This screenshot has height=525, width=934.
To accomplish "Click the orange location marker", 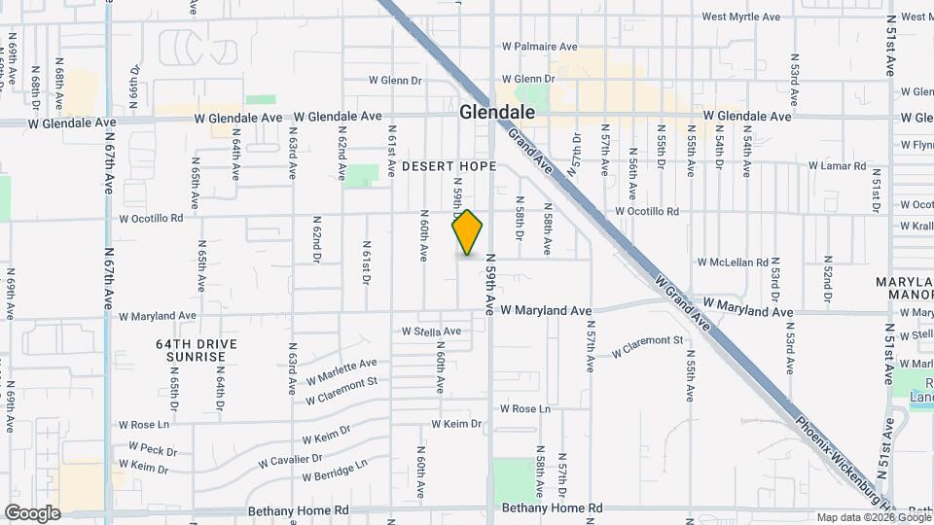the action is (x=468, y=232).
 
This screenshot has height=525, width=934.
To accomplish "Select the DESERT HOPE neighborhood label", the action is (x=450, y=166).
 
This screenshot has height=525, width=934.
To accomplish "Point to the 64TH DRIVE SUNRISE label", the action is (x=190, y=350).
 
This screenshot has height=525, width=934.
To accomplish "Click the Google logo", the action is (x=32, y=513).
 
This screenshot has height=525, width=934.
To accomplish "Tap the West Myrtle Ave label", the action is (x=741, y=17).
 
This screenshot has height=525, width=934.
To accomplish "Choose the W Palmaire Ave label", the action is (x=540, y=46).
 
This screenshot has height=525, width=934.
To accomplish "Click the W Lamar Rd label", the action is (x=837, y=166).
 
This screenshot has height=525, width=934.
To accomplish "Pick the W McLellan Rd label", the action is (x=734, y=262).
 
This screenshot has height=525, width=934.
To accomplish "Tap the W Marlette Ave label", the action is (x=341, y=370).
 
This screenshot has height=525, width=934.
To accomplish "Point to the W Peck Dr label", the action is (x=146, y=449).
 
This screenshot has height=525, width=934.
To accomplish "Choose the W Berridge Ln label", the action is (x=335, y=472).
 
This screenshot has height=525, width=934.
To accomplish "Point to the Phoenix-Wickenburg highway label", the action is (x=842, y=457).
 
